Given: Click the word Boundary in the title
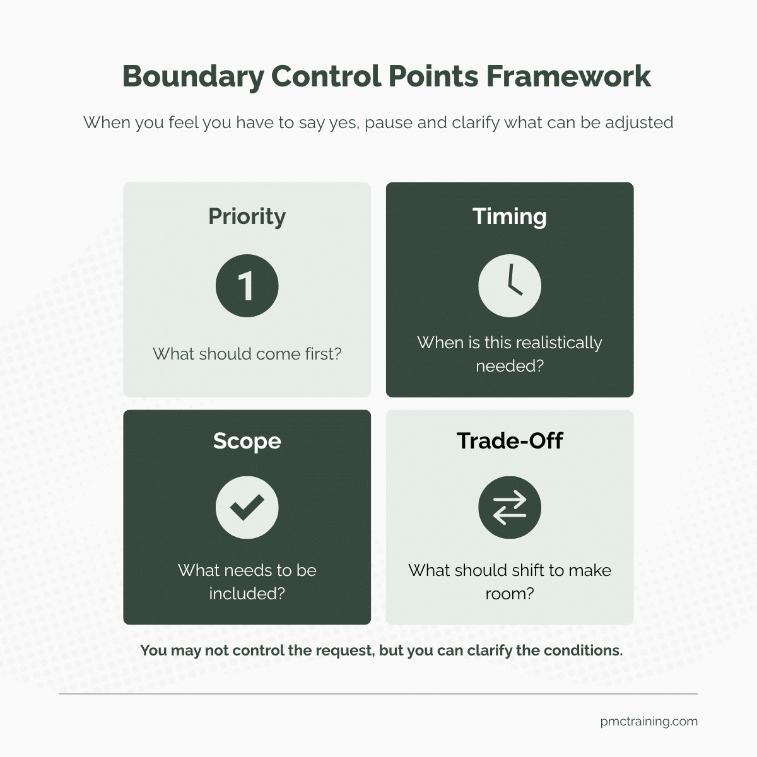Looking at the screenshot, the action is point(193,76).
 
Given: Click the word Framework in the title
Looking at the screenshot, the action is point(569,76).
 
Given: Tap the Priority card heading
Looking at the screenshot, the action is point(247,217).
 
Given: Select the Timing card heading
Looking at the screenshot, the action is point(510,217).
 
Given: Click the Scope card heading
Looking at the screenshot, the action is point(247,441).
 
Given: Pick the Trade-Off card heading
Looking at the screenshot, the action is point(510,440).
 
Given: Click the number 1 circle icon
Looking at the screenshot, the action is point(247,286).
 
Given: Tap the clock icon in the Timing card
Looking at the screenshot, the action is point(510,286).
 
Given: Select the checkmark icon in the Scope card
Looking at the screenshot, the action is point(247,507).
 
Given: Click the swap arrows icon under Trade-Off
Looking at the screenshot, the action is point(510,507).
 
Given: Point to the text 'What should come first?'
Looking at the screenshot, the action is point(247,354).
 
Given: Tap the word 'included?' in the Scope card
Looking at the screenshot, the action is point(247,593).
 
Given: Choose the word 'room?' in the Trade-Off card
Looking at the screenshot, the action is point(510,594).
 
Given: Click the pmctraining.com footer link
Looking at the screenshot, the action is point(649,721).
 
